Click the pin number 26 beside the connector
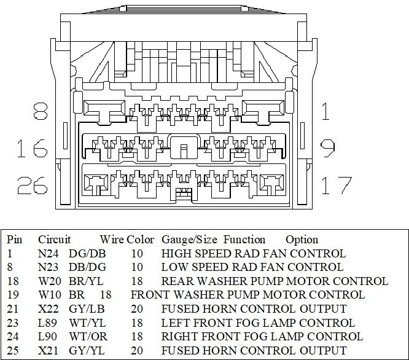[33, 184]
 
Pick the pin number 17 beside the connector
[337, 184]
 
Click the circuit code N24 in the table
[47, 254]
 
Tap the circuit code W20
[48, 281]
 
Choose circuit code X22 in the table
[47, 309]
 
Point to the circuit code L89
[47, 323]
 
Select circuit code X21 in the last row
[47, 350]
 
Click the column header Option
[302, 240]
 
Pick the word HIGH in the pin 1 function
[176, 254]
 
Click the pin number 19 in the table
[12, 295]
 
